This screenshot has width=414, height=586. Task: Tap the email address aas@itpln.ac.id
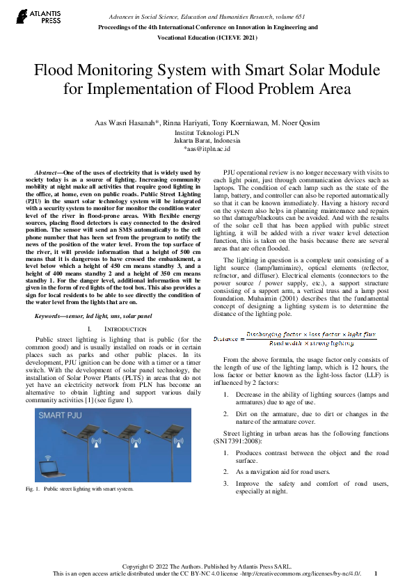point(207,148)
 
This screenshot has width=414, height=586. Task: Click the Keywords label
point(50,317)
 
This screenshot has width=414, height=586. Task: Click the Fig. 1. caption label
point(32,489)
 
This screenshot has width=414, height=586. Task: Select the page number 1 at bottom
point(376,574)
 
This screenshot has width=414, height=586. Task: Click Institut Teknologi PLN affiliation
point(207,132)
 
